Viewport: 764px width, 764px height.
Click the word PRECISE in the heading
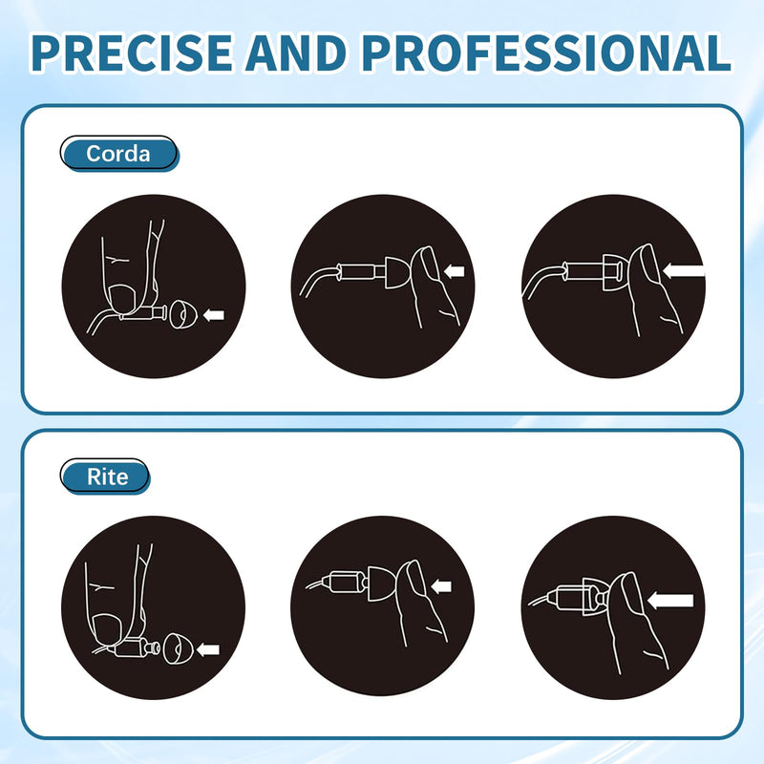pyautogui.click(x=132, y=53)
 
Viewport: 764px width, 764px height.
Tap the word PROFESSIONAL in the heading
pyautogui.click(x=546, y=53)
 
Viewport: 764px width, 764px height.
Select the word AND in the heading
pyautogui.click(x=297, y=53)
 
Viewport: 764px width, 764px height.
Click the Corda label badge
pyautogui.click(x=118, y=154)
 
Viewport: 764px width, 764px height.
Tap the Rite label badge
pyautogui.click(x=105, y=476)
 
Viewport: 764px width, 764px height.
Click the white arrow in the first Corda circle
pyautogui.click(x=213, y=315)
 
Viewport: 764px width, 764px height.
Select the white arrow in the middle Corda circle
pyautogui.click(x=455, y=271)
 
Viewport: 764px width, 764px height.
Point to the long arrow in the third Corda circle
pyautogui.click(x=684, y=270)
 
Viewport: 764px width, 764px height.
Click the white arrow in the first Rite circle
pyautogui.click(x=208, y=649)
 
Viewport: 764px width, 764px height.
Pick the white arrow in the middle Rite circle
pyautogui.click(x=441, y=585)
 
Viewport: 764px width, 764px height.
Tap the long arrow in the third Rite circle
pyautogui.click(x=670, y=601)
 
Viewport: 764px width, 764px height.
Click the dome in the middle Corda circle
pyautogui.click(x=398, y=272)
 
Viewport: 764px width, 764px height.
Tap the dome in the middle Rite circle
pyautogui.click(x=383, y=583)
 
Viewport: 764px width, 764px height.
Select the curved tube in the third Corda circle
pyautogui.click(x=541, y=279)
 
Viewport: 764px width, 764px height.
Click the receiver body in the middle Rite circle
pyautogui.click(x=348, y=582)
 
